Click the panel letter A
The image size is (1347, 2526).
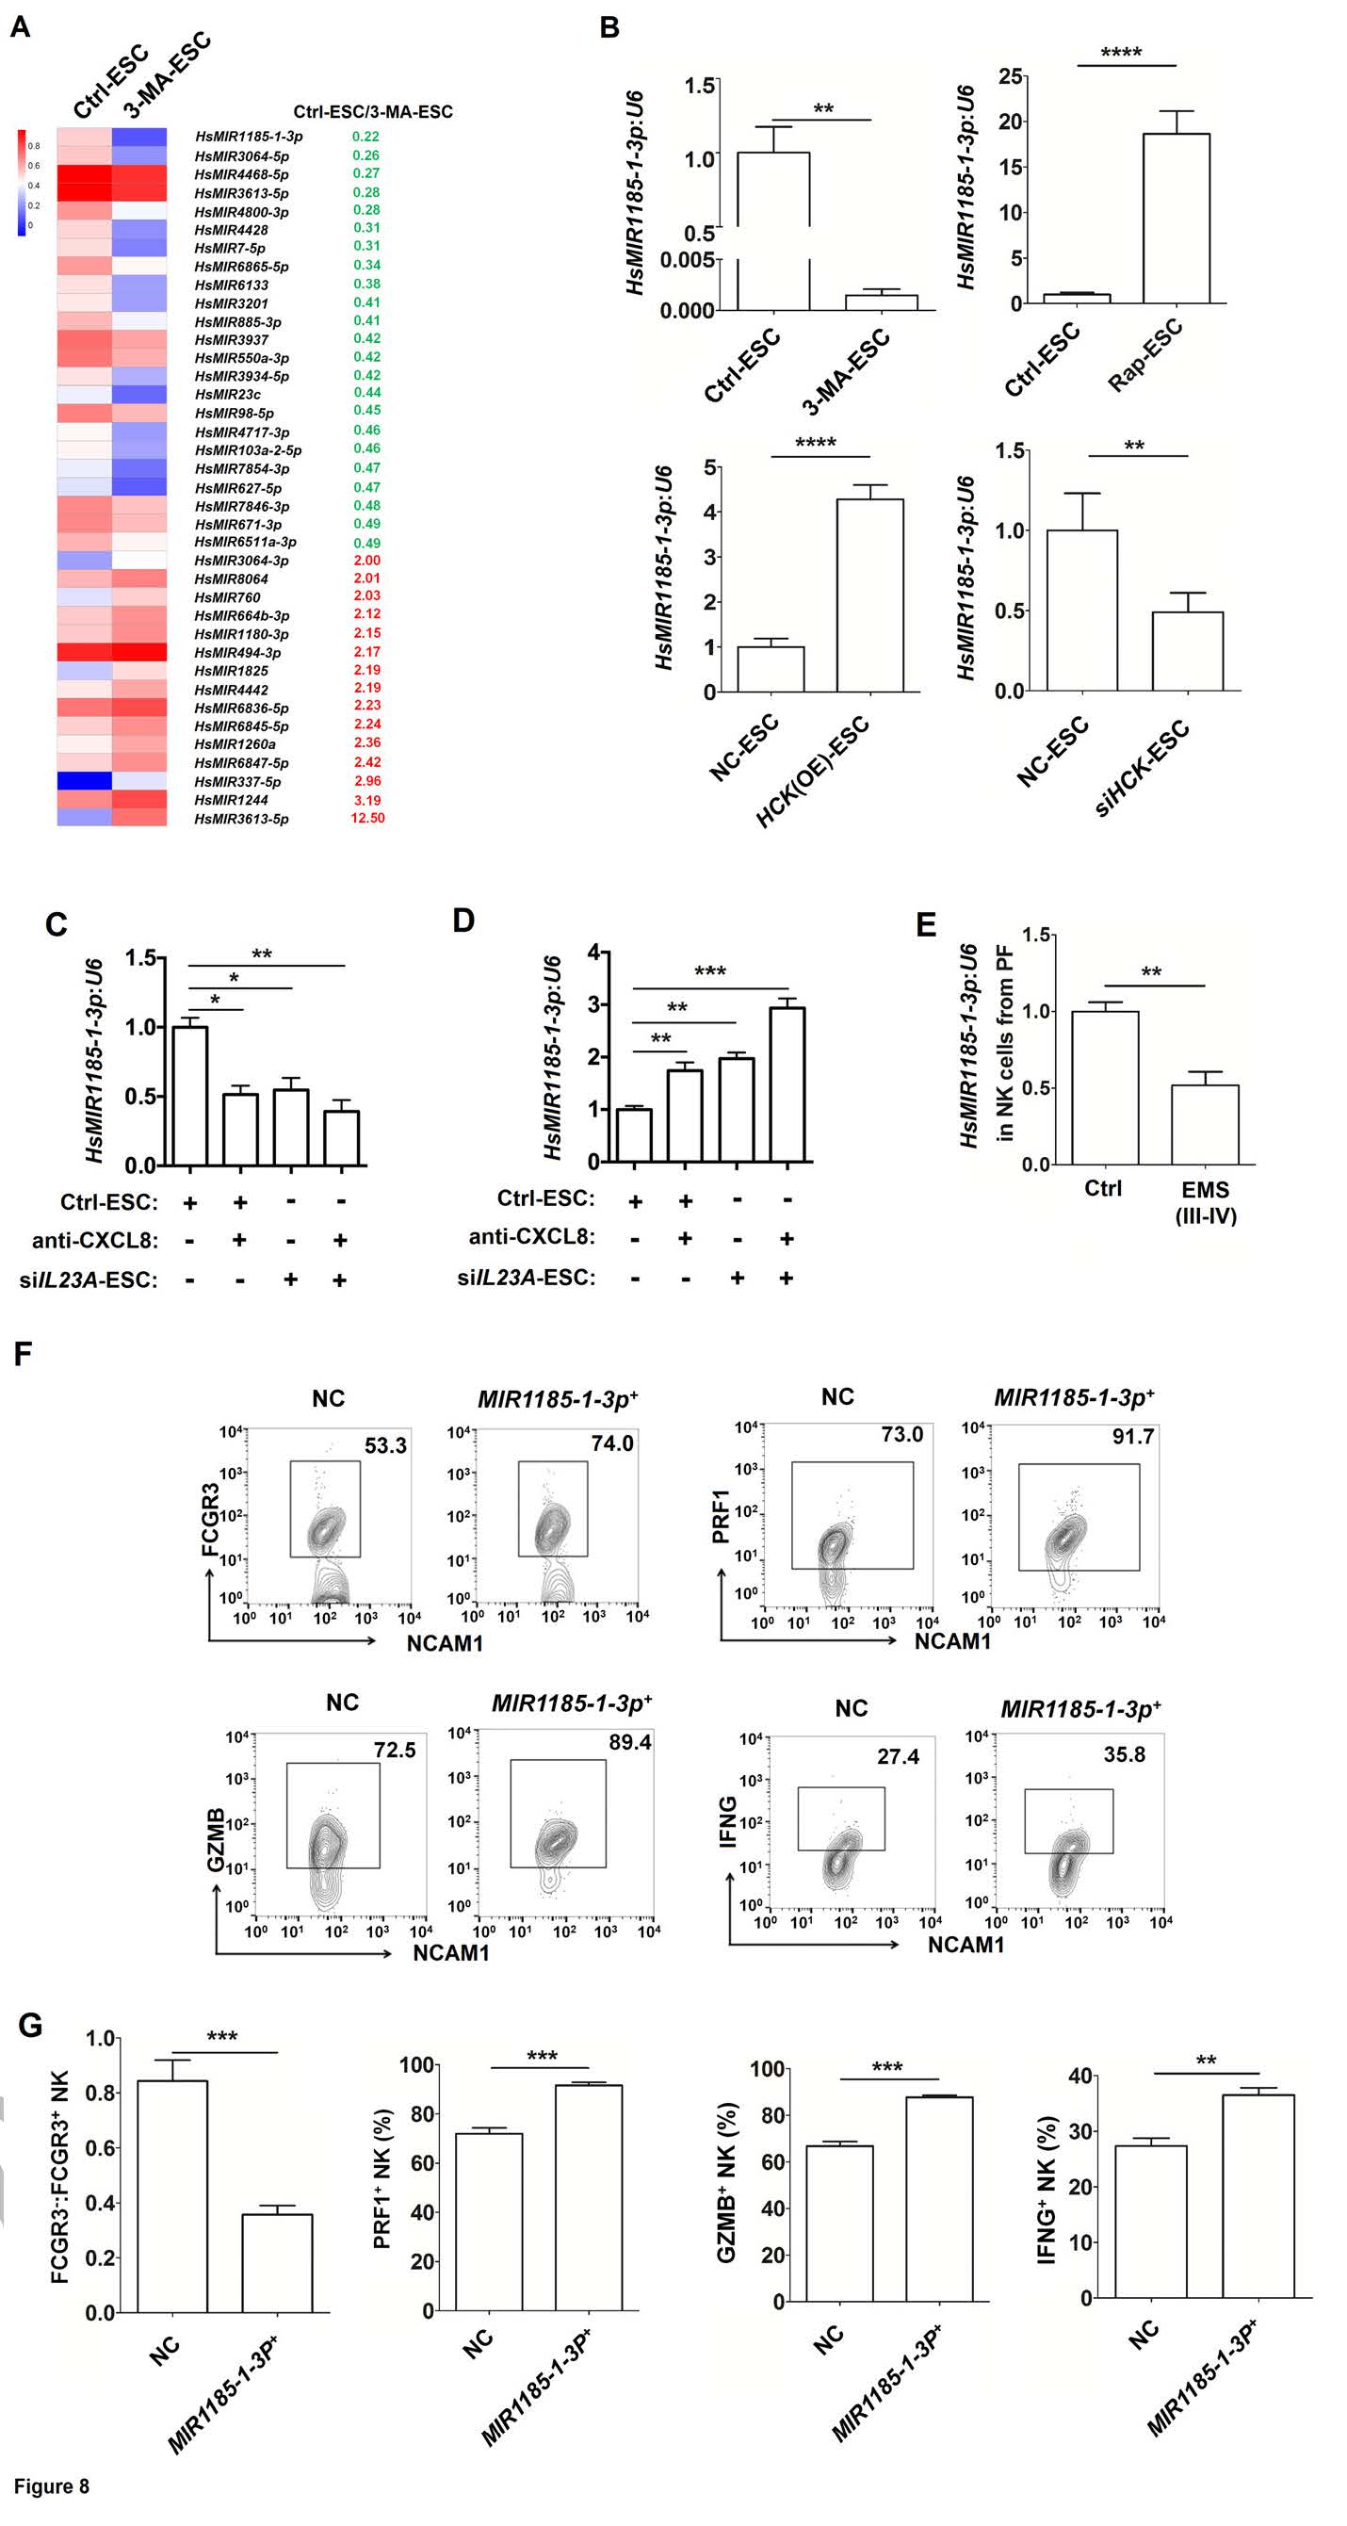tap(20, 26)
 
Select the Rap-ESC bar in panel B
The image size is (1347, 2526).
tap(1176, 218)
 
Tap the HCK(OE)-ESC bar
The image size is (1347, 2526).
tap(869, 595)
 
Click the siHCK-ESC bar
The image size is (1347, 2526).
tap(1187, 651)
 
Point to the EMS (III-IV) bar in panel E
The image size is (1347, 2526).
tap(1205, 1124)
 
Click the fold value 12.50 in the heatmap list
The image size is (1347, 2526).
tap(367, 818)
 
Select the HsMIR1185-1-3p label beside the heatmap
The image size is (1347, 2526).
tap(249, 138)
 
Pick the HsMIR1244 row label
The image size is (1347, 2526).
tap(232, 800)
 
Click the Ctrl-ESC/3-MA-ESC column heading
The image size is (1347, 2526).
tap(372, 112)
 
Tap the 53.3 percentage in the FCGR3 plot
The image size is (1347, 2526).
tap(385, 1445)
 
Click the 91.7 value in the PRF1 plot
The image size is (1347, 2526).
tap(1132, 1437)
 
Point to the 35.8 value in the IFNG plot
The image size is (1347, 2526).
tap(1124, 1754)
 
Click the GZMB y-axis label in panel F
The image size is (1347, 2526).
tap(216, 1838)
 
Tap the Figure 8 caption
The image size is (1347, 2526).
tap(51, 2485)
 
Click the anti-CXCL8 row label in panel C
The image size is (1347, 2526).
tap(94, 1241)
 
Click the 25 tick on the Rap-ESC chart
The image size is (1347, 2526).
tap(1011, 75)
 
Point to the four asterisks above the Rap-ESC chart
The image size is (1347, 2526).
tap(1121, 53)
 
